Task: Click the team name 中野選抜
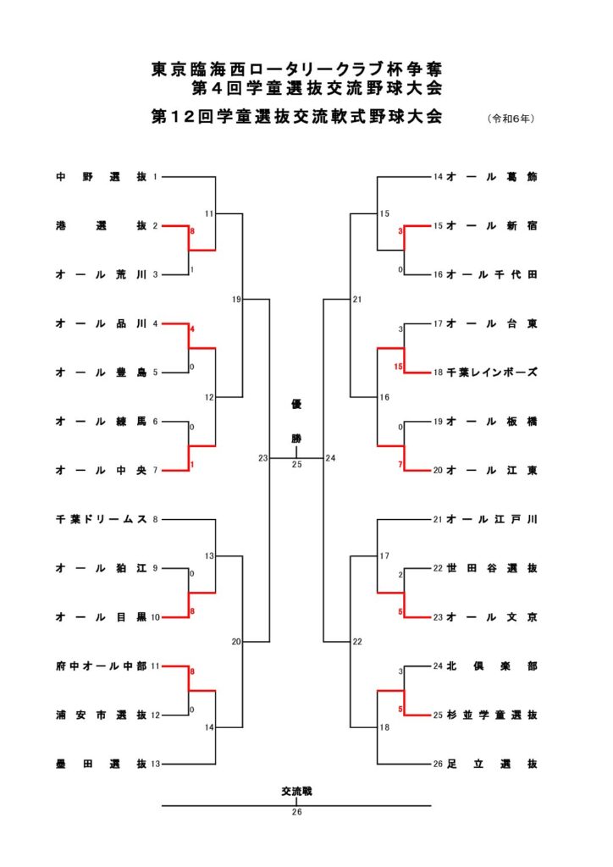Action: coord(101,177)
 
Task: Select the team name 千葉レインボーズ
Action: coord(491,373)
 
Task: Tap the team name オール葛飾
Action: coord(491,177)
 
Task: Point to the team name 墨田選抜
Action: coord(101,764)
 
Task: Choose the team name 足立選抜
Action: coord(491,764)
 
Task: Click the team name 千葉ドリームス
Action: coord(101,519)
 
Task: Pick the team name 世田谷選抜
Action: coord(491,568)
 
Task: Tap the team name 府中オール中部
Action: coord(101,666)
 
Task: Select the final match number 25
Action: coord(296,465)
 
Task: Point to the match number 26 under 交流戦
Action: coord(296,812)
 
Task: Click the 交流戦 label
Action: coord(296,792)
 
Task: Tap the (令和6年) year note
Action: coord(511,119)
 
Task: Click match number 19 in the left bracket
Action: coord(237,300)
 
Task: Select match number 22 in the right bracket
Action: coord(357,642)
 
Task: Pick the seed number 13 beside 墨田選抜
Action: coord(157,765)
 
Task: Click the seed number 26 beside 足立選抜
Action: coord(438,765)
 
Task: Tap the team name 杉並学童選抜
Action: coord(491,715)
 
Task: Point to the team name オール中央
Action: coord(101,470)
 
